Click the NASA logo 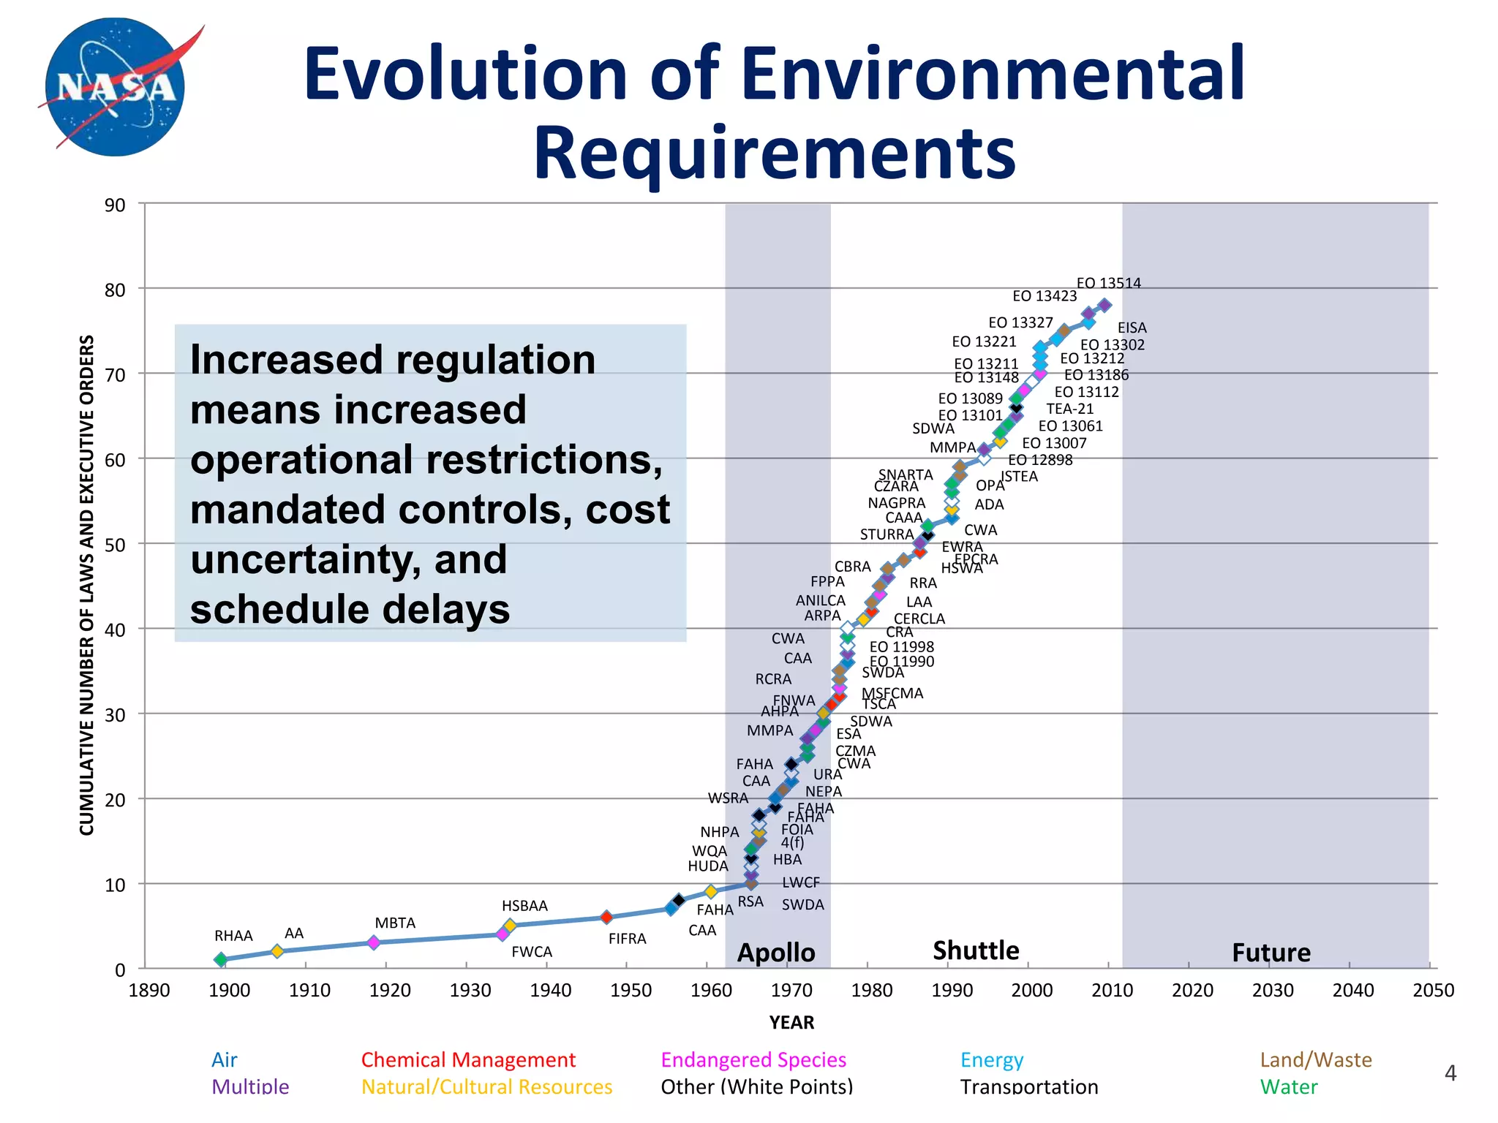point(116,86)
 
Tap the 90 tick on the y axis point(115,205)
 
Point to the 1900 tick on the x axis point(229,991)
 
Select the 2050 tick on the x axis point(1433,991)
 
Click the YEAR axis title point(791,1022)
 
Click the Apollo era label point(775,953)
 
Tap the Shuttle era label point(976,950)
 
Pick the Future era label point(1271,953)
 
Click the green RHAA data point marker point(221,959)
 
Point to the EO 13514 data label point(1108,283)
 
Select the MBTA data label point(395,923)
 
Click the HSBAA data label point(524,906)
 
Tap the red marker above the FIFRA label point(606,917)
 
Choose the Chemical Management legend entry point(468,1059)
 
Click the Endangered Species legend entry point(753,1059)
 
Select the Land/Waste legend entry point(1315,1059)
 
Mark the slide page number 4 point(1450,1073)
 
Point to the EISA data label point(1132,328)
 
